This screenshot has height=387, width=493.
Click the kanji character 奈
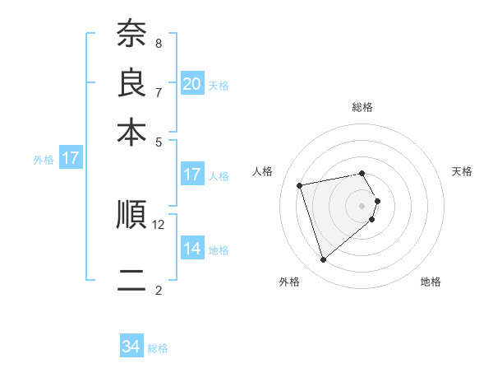(131, 34)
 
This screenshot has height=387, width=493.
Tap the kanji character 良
(131, 82)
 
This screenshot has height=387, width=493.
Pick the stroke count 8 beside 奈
(158, 43)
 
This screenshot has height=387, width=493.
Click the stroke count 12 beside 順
(159, 224)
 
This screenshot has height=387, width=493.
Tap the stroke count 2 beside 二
(158, 290)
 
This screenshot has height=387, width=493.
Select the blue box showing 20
(192, 83)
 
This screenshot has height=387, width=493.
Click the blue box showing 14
(192, 248)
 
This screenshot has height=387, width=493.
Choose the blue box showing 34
(131, 347)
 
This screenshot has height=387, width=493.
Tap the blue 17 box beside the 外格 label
(71, 158)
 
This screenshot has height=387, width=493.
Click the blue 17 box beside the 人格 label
(192, 175)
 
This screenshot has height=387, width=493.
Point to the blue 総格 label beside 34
(158, 348)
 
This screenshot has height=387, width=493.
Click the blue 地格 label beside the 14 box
(219, 249)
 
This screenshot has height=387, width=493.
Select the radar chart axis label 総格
(362, 107)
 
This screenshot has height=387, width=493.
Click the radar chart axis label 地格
(431, 282)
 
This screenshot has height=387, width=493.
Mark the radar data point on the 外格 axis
(323, 260)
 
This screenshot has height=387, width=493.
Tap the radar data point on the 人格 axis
(300, 184)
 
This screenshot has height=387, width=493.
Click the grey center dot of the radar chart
(362, 204)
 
